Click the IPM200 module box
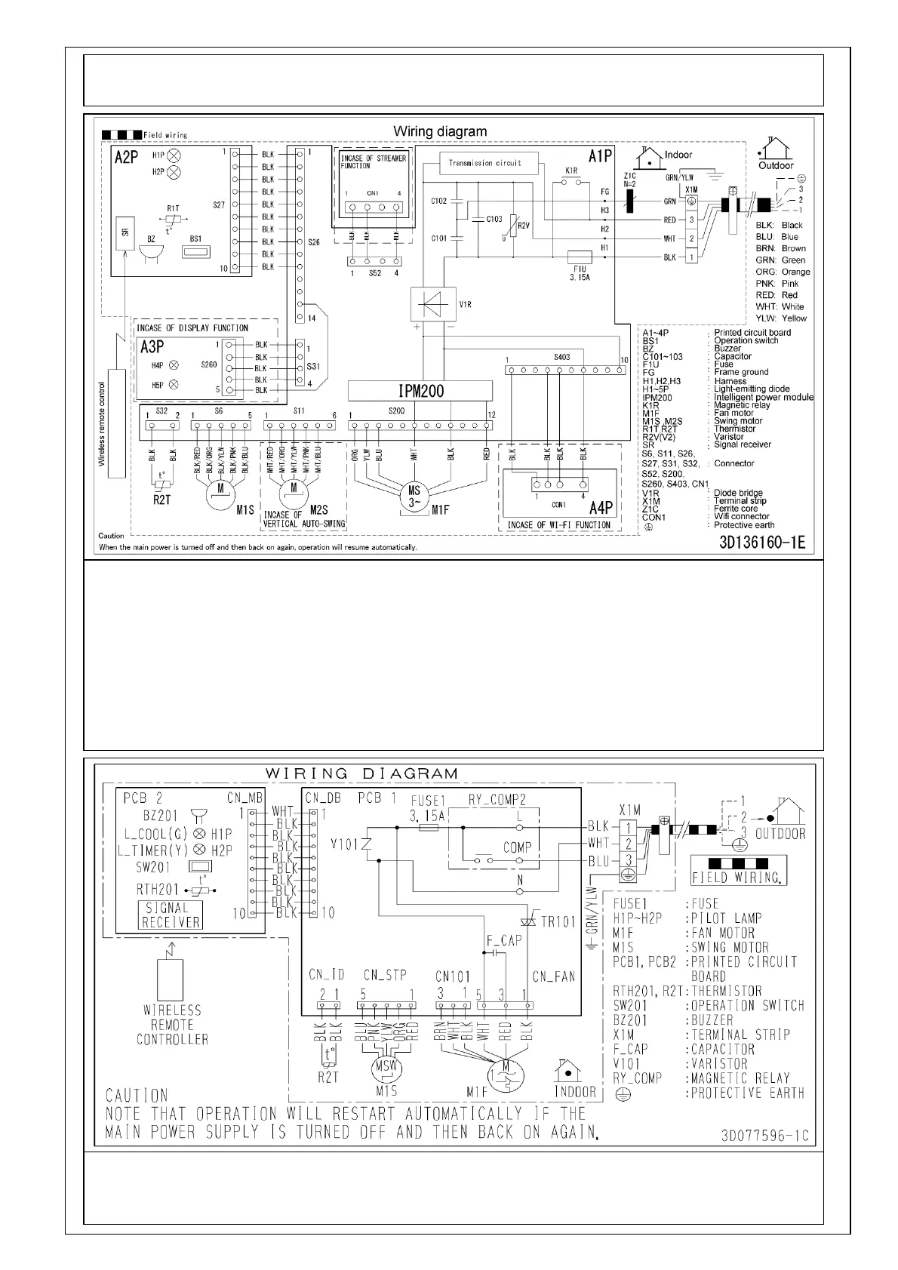[x=420, y=391]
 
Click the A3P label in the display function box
[x=152, y=347]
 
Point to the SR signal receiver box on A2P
[x=125, y=234]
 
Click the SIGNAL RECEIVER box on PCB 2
[x=171, y=915]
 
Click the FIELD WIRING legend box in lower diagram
[x=738, y=870]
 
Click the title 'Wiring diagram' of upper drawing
[x=440, y=131]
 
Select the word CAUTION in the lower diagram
[x=136, y=1095]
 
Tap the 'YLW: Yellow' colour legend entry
[x=780, y=318]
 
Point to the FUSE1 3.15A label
[x=428, y=807]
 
